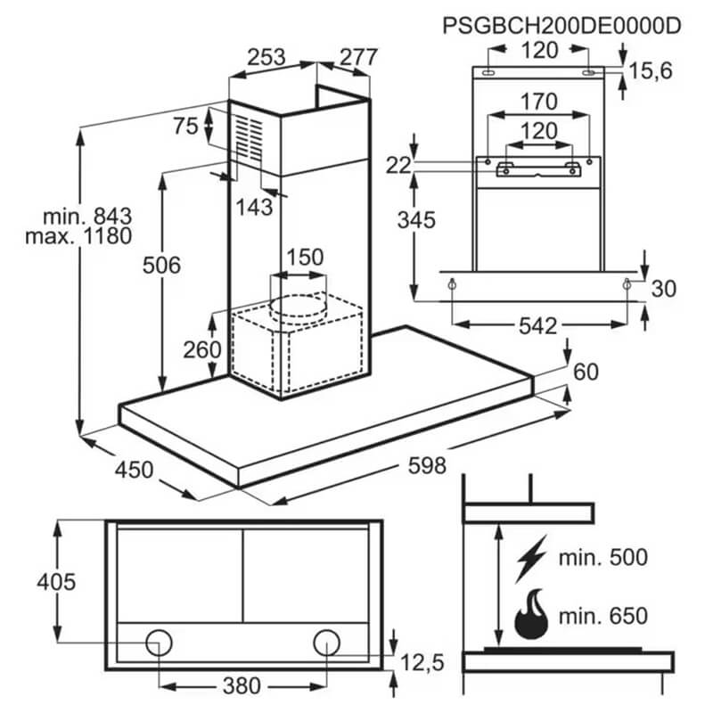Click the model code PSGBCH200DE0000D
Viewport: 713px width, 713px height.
coord(561,26)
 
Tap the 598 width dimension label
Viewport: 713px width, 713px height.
coord(427,465)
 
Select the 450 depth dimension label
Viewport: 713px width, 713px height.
coord(135,470)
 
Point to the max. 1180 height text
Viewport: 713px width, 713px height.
coord(78,236)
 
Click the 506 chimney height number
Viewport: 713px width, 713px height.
coord(161,265)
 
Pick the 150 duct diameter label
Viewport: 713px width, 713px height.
coord(305,258)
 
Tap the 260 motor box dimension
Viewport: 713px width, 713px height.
coord(202,349)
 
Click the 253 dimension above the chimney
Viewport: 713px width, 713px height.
coord(266,57)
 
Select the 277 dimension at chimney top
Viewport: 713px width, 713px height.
coord(359,57)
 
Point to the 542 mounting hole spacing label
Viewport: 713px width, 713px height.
coord(538,326)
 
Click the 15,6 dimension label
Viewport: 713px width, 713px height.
coord(651,71)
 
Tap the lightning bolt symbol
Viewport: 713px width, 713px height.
coord(530,559)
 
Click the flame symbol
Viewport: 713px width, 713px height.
coord(531,614)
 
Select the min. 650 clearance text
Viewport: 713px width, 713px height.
coord(603,616)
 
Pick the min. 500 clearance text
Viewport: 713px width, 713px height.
coord(603,558)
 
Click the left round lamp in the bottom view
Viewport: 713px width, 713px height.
coord(160,643)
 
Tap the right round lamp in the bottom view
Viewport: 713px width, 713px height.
coord(326,643)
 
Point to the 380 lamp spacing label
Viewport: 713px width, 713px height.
coord(242,685)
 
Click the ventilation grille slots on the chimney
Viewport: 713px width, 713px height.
coord(249,138)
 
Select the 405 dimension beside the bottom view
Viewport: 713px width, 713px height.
coord(56,582)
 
